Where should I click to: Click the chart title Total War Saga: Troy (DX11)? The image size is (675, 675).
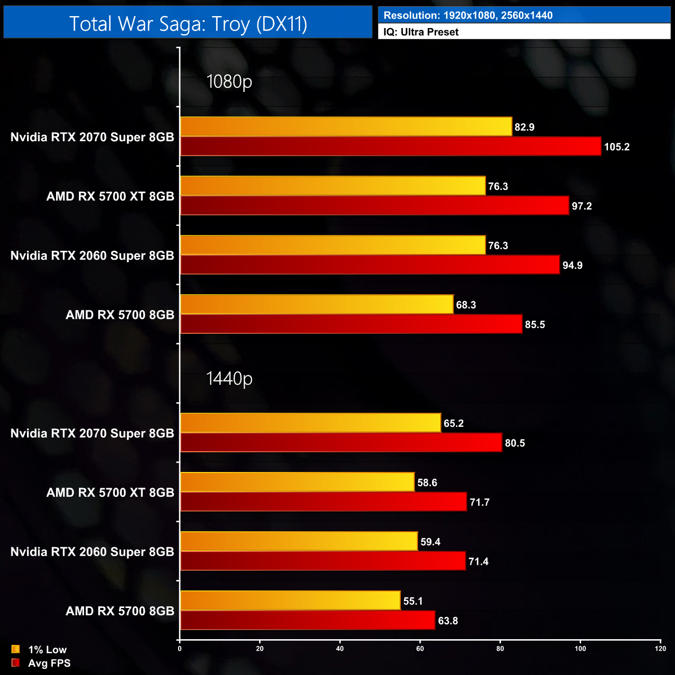point(188,23)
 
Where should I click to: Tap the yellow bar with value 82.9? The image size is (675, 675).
point(346,127)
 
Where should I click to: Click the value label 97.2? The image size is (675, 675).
point(582,206)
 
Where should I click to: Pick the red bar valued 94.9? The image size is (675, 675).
point(370,265)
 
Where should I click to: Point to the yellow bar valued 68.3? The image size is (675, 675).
point(317,304)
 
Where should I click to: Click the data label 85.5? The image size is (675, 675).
point(535,325)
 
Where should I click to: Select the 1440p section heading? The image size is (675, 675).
point(229,379)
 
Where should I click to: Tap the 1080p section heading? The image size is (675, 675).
point(229,82)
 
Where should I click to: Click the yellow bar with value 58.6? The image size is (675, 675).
point(297,482)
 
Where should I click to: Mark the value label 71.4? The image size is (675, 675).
point(478,561)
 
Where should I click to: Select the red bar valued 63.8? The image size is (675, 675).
point(307,620)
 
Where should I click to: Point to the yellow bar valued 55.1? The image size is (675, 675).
point(290,600)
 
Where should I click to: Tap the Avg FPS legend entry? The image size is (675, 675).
point(42,663)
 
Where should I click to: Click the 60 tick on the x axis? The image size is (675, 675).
point(420,649)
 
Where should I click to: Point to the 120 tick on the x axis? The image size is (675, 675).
point(660,649)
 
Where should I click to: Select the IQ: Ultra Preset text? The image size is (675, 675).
point(421,32)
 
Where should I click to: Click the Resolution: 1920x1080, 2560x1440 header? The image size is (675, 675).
point(468,16)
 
